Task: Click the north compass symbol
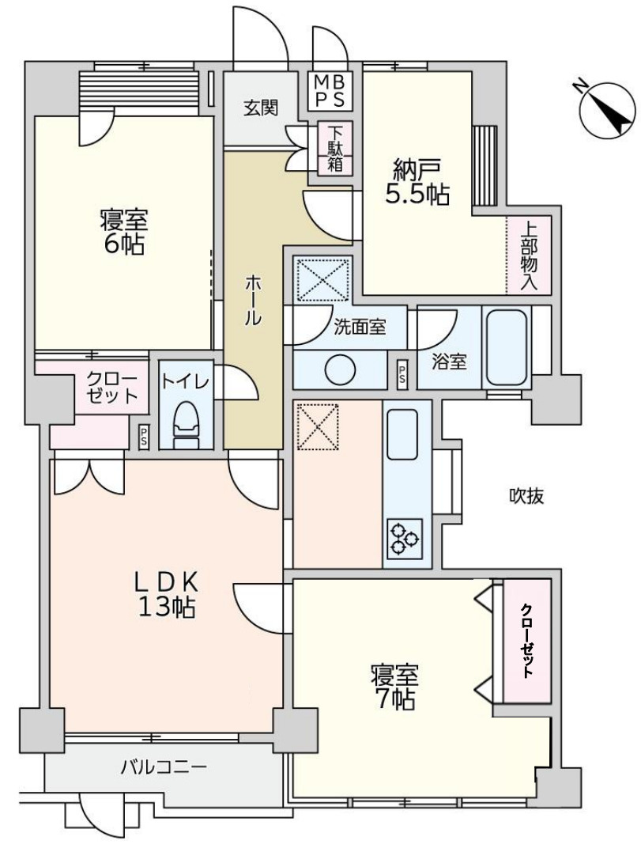pyautogui.click(x=606, y=108)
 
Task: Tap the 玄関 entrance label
pyautogui.click(x=260, y=109)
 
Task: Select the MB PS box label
pyautogui.click(x=330, y=90)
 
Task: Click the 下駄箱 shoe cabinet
pyautogui.click(x=335, y=148)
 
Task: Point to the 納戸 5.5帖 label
pyautogui.click(x=417, y=182)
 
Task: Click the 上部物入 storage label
pyautogui.click(x=528, y=254)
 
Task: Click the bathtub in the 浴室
pyautogui.click(x=507, y=346)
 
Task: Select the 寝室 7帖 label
pyautogui.click(x=394, y=686)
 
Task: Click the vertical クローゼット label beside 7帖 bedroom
pyautogui.click(x=526, y=641)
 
